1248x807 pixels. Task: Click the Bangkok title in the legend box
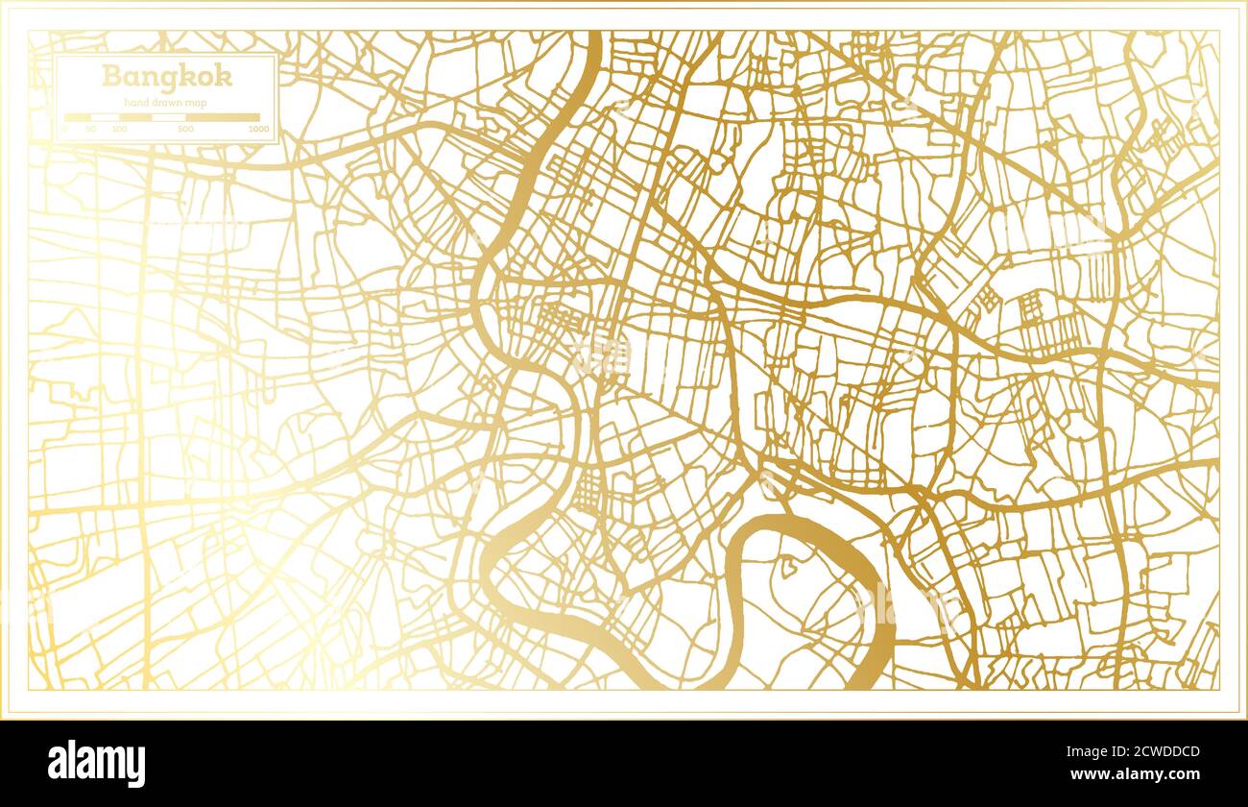pyautogui.click(x=166, y=76)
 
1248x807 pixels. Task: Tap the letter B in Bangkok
pyautogui.click(x=111, y=76)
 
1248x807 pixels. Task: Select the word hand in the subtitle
pyautogui.click(x=136, y=102)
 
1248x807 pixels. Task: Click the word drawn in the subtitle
pyautogui.click(x=168, y=102)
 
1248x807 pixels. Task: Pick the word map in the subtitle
pyautogui.click(x=197, y=102)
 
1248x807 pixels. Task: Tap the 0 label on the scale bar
pyautogui.click(x=65, y=129)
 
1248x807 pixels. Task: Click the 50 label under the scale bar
pyautogui.click(x=90, y=129)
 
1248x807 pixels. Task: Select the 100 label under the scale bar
pyautogui.click(x=119, y=129)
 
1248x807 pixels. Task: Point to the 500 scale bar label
pyautogui.click(x=185, y=129)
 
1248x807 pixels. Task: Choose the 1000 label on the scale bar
pyautogui.click(x=258, y=129)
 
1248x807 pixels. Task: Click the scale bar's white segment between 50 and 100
pyautogui.click(x=105, y=117)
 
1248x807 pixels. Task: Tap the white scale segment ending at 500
pyautogui.click(x=169, y=117)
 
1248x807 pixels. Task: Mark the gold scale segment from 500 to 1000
pyautogui.click(x=223, y=117)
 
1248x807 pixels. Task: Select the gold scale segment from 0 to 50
pyautogui.click(x=77, y=117)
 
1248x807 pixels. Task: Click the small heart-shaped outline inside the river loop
pyautogui.click(x=788, y=566)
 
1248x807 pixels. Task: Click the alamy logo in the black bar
pyautogui.click(x=97, y=764)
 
